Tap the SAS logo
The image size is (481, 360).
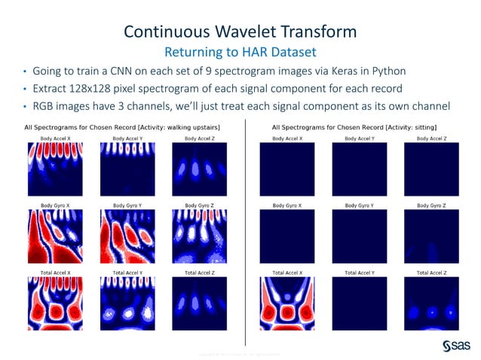tap(456, 344)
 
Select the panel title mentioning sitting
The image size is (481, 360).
tap(354, 128)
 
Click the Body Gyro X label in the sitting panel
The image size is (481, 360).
tap(287, 205)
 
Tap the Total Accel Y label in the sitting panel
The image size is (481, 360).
tap(360, 272)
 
